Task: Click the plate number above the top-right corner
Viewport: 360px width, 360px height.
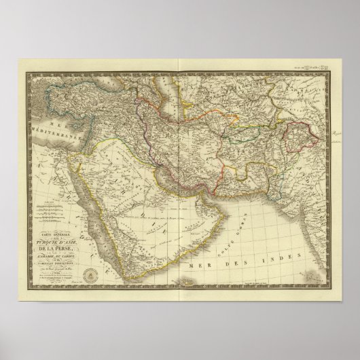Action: point(309,66)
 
